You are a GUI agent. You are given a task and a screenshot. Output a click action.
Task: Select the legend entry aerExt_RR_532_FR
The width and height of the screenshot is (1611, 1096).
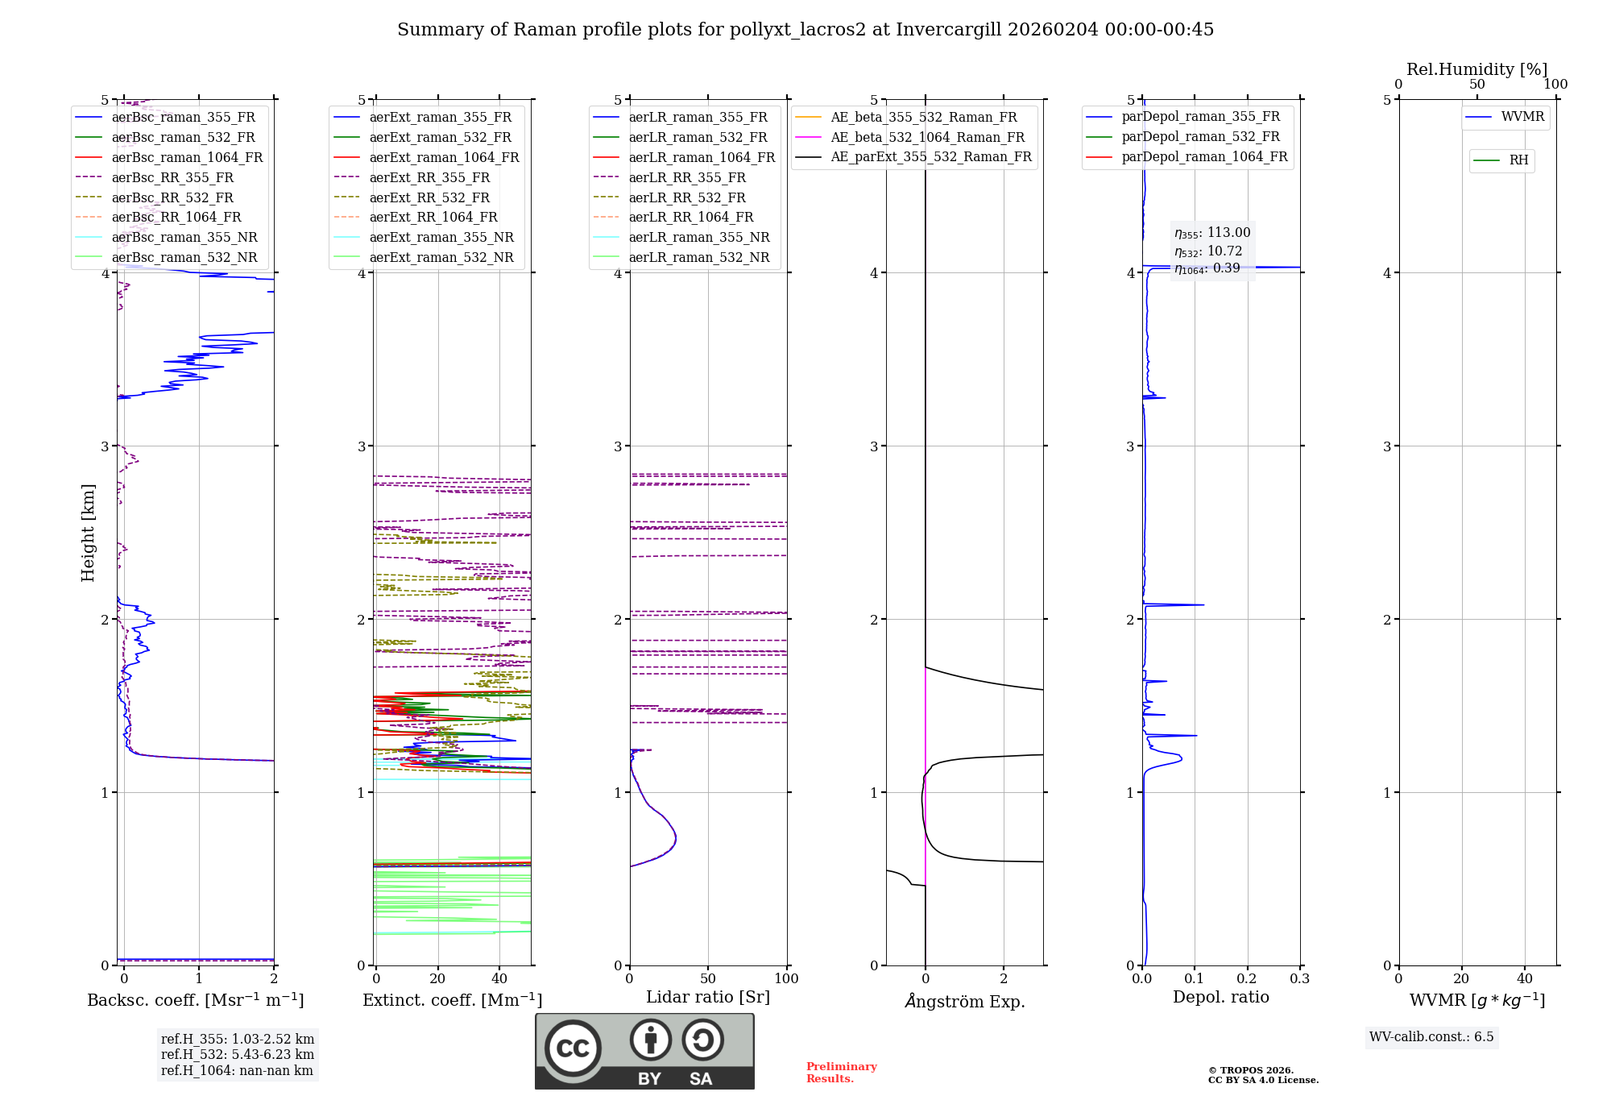[x=429, y=197]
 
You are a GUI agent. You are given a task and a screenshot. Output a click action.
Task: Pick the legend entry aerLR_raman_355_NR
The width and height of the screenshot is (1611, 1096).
[x=699, y=237]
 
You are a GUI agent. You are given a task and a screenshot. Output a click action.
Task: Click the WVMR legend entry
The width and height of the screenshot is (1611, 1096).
[x=1522, y=117]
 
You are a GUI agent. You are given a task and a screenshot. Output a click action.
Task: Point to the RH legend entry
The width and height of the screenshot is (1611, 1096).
[x=1518, y=160]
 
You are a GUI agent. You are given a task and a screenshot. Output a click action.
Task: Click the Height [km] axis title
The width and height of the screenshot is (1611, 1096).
[x=88, y=533]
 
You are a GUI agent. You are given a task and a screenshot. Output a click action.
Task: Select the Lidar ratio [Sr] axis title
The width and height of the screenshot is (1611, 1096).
[x=708, y=997]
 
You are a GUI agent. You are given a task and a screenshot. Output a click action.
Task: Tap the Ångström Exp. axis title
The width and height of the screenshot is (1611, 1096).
[x=965, y=1002]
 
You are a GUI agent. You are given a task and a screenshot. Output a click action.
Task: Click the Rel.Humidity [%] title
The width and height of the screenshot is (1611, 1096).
[x=1476, y=69]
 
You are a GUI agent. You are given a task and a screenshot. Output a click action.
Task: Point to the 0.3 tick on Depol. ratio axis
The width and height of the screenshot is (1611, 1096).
[x=1299, y=978]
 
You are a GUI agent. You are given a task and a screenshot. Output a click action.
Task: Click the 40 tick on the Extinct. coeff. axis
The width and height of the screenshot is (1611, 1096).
[x=499, y=978]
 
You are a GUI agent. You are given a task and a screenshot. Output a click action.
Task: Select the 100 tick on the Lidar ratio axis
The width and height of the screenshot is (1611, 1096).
[x=786, y=978]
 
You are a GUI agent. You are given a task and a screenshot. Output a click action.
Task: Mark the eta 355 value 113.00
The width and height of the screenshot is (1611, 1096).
[x=1228, y=233]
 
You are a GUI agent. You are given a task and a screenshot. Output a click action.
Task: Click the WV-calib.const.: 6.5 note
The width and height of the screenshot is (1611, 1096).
[x=1431, y=1036]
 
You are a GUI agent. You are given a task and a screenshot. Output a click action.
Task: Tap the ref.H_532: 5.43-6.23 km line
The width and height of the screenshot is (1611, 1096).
[x=238, y=1054]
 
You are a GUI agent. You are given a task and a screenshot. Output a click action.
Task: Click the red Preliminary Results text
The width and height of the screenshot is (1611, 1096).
[x=841, y=1073]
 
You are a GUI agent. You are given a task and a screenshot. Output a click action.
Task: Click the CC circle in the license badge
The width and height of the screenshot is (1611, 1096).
[x=573, y=1048]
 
